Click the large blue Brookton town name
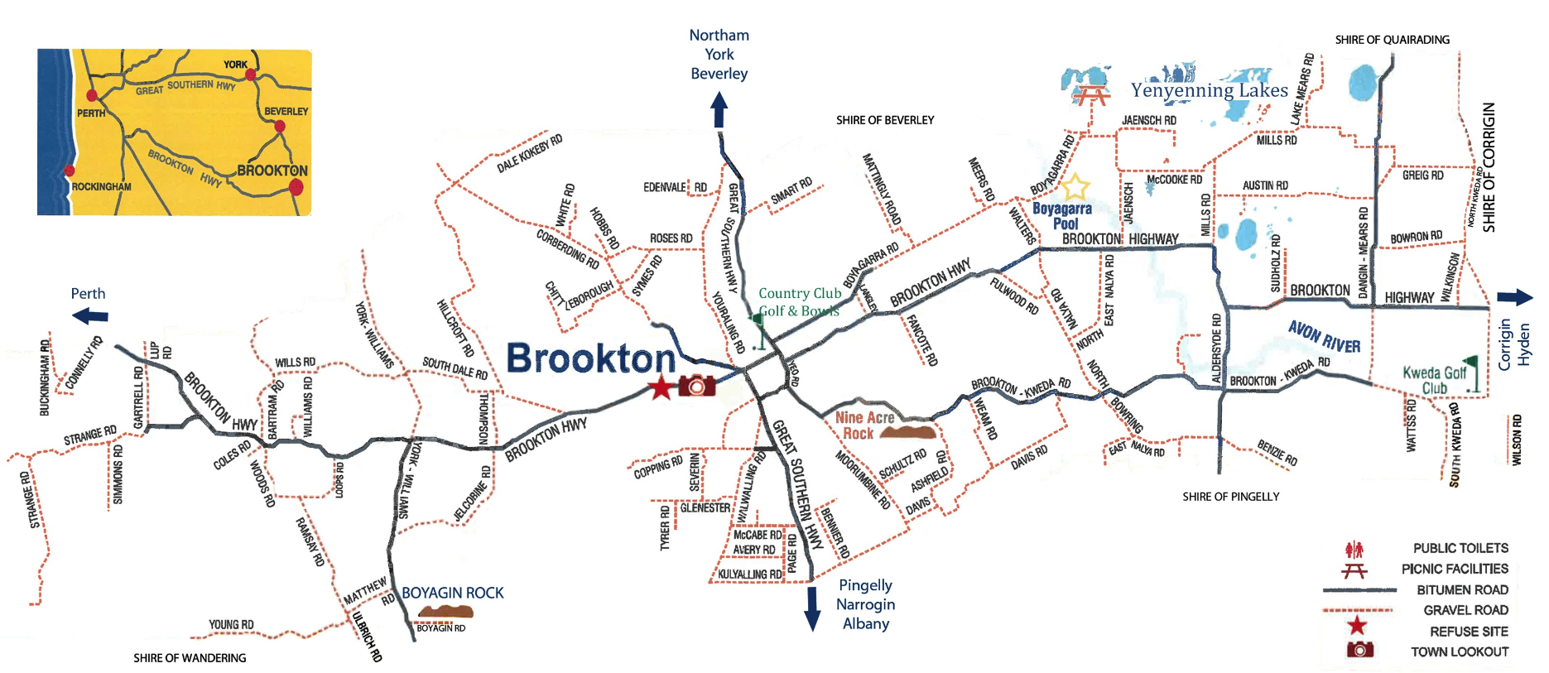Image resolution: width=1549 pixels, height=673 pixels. (x=590, y=359)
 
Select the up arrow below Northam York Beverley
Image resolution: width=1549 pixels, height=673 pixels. (x=719, y=109)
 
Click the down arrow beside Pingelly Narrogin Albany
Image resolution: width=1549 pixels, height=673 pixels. (x=812, y=608)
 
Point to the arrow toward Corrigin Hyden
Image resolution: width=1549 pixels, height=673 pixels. (x=1514, y=298)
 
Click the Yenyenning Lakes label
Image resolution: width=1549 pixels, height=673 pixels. (x=1209, y=90)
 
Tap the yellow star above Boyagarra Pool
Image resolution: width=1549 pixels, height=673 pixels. (x=1075, y=186)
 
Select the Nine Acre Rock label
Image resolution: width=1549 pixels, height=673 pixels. (x=864, y=425)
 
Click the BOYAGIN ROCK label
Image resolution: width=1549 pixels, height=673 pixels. (x=452, y=593)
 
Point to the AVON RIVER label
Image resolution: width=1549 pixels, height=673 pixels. (x=1324, y=336)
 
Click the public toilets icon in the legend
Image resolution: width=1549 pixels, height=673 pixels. (x=1354, y=549)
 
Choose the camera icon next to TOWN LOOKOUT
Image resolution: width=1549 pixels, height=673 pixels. (x=1359, y=650)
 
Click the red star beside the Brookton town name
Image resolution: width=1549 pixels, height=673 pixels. (x=661, y=387)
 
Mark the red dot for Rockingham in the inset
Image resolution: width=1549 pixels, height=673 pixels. (x=70, y=171)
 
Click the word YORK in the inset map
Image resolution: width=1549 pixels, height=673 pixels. (x=235, y=65)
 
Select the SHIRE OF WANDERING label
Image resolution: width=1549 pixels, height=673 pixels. (x=190, y=658)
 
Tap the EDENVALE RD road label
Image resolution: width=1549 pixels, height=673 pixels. (x=675, y=188)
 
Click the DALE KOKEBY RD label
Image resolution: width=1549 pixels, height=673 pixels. (x=529, y=153)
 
